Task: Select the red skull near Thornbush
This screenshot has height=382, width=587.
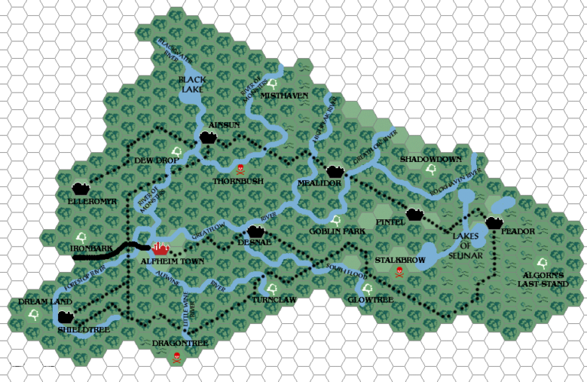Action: [x=242, y=168]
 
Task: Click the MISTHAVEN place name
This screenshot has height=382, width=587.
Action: [x=284, y=95]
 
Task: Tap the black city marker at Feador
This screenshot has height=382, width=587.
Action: [x=494, y=222]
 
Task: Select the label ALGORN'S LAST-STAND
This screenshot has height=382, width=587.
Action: [x=544, y=279]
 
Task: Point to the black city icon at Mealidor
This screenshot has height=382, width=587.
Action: [x=335, y=172]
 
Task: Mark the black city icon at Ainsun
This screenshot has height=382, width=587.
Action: [x=208, y=136]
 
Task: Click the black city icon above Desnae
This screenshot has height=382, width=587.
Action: [x=256, y=231]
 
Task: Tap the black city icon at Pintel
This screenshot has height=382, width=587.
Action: [x=415, y=215]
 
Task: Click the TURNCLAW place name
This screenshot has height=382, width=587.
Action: [x=273, y=300]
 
